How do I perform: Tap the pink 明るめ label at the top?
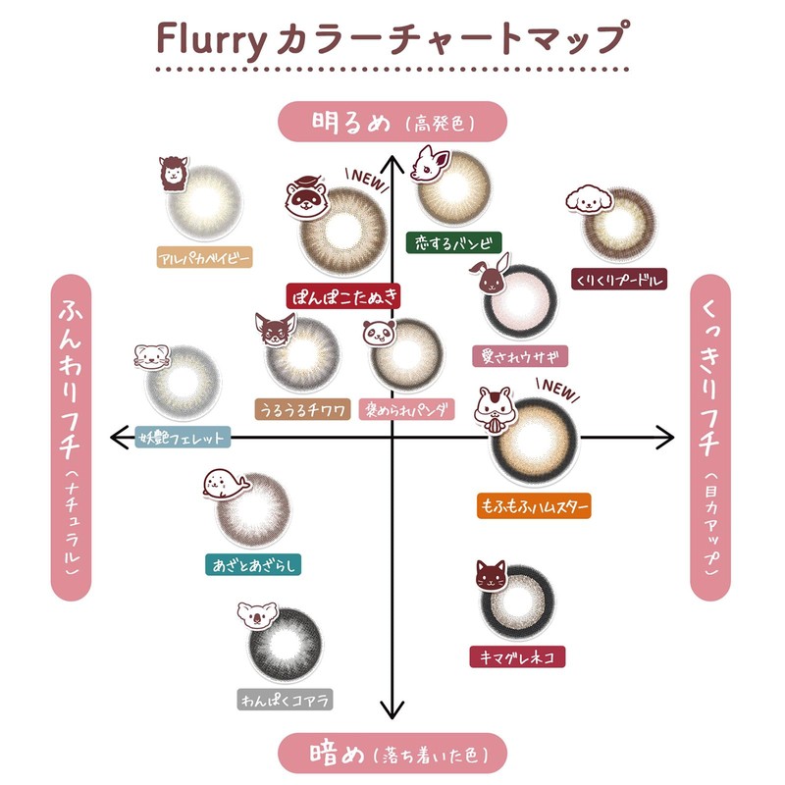pyautogui.click(x=392, y=123)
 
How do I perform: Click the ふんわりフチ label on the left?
pyautogui.click(x=71, y=437)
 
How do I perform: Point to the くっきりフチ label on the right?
pyautogui.click(x=712, y=437)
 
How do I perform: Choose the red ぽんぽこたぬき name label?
pyautogui.click(x=343, y=295)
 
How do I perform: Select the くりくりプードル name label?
pyautogui.click(x=619, y=281)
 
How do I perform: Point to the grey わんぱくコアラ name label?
pyautogui.click(x=286, y=699)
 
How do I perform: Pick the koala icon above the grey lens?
pyautogui.click(x=258, y=616)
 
